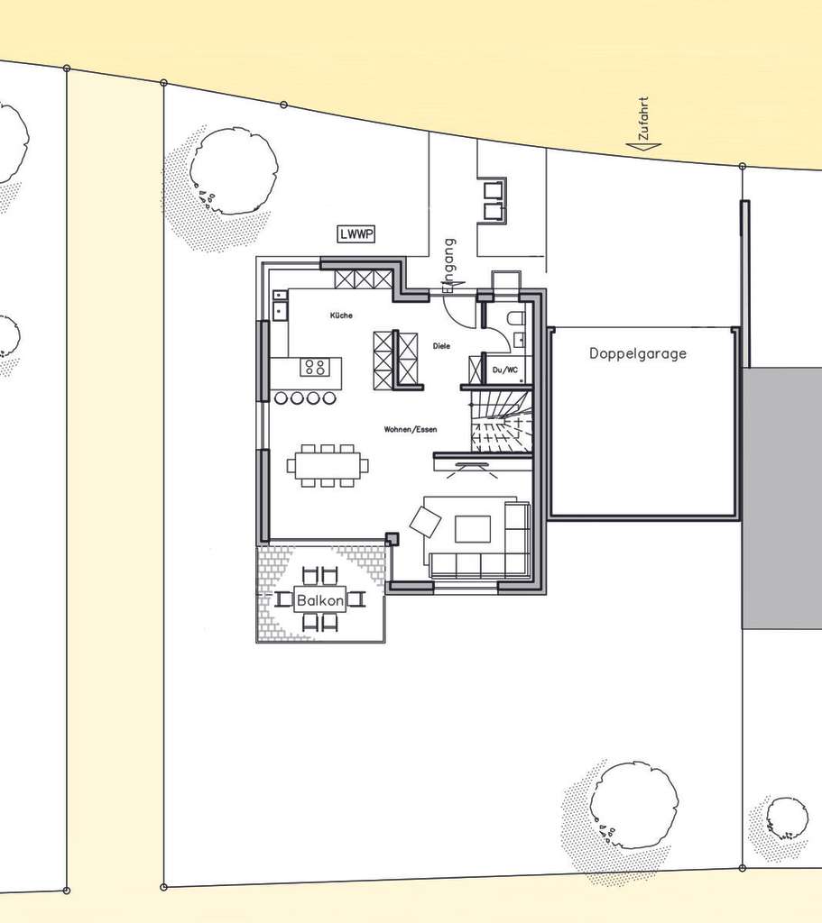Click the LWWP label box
pos(357,234)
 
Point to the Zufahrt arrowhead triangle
pos(643,146)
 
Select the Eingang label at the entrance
pos(449,263)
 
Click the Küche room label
pos(341,315)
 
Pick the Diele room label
pos(441,345)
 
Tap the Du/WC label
pos(503,370)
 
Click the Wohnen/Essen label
pos(411,430)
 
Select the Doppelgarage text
pos(638,353)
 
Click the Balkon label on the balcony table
pos(320,599)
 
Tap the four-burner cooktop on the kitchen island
pos(315,367)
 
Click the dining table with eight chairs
pos(328,465)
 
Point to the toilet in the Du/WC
pos(516,318)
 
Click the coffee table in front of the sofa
pos(473,528)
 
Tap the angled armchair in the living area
pos(425,520)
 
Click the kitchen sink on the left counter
pos(280,309)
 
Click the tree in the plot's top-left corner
pos(233,171)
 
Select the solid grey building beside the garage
pos(781,498)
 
